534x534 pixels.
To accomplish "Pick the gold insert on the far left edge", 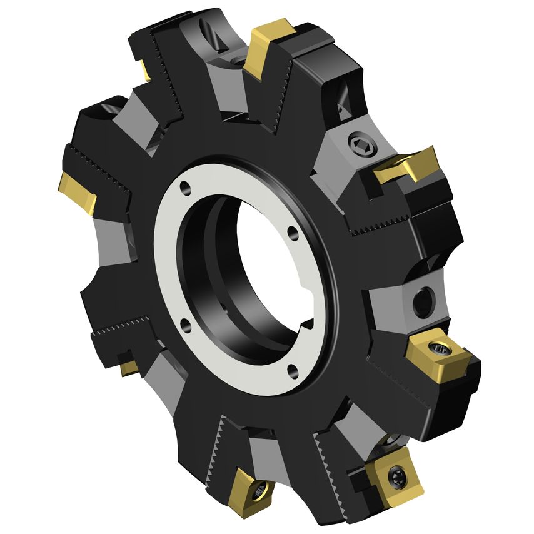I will (x=78, y=192).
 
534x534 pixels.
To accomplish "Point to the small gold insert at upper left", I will (x=144, y=70).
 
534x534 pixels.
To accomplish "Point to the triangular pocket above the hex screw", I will (x=343, y=100).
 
